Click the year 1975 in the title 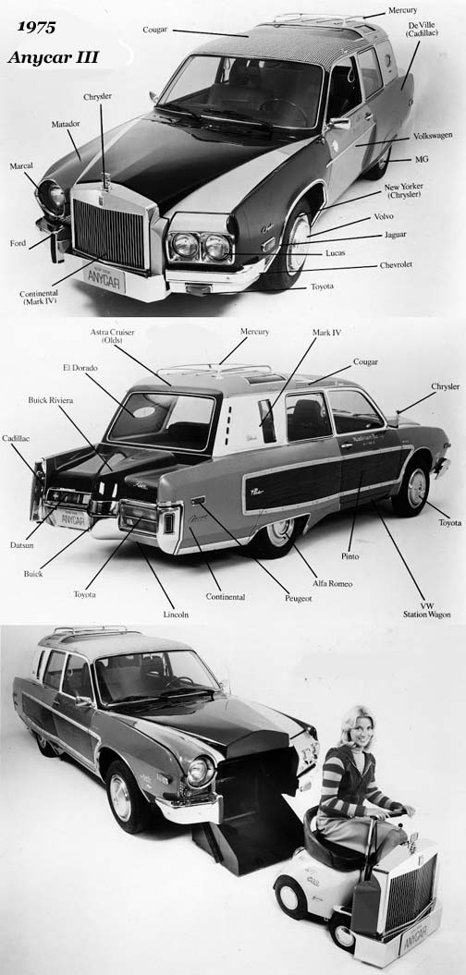click(x=36, y=27)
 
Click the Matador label click(x=66, y=124)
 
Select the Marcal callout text click(x=21, y=166)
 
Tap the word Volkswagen click(x=433, y=135)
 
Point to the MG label click(x=422, y=159)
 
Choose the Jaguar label click(x=396, y=235)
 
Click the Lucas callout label click(x=337, y=253)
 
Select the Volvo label click(x=384, y=215)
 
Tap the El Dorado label click(x=80, y=368)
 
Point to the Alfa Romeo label click(x=332, y=583)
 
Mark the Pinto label click(x=350, y=556)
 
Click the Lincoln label click(x=176, y=615)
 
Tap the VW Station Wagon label click(x=426, y=610)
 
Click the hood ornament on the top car click(x=106, y=180)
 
